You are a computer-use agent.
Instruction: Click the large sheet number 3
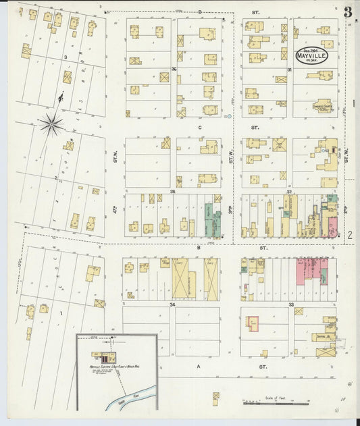coord(347,11)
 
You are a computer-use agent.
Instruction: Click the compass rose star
coord(51,124)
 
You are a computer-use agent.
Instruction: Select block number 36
coord(174,69)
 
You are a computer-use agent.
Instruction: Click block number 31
coord(289,69)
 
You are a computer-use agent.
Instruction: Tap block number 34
coord(172,304)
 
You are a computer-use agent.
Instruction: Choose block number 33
coord(290,304)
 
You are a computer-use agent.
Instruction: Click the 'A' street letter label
coord(199,366)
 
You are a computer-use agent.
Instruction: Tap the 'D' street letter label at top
coord(200,12)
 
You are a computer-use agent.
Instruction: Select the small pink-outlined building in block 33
coord(253,324)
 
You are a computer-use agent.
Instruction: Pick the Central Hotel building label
coord(323,336)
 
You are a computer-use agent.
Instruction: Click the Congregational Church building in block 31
coord(323,105)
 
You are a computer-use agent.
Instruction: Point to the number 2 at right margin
coord(351,235)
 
